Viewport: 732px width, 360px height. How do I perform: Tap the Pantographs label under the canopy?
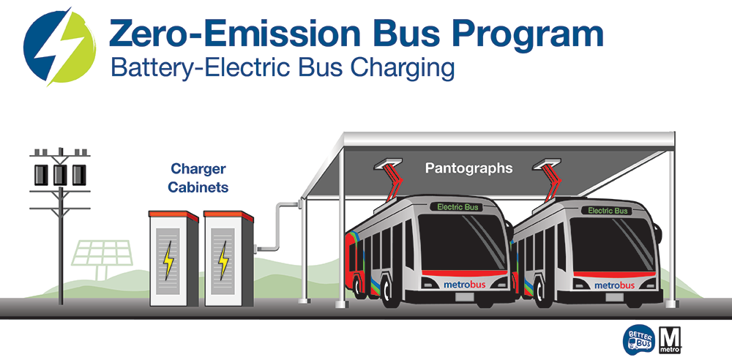pyautogui.click(x=469, y=168)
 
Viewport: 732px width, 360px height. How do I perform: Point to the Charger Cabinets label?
pyautogui.click(x=198, y=178)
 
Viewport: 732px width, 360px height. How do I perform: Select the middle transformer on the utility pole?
pyautogui.click(x=60, y=173)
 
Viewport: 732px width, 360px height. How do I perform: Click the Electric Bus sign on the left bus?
pyautogui.click(x=457, y=207)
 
